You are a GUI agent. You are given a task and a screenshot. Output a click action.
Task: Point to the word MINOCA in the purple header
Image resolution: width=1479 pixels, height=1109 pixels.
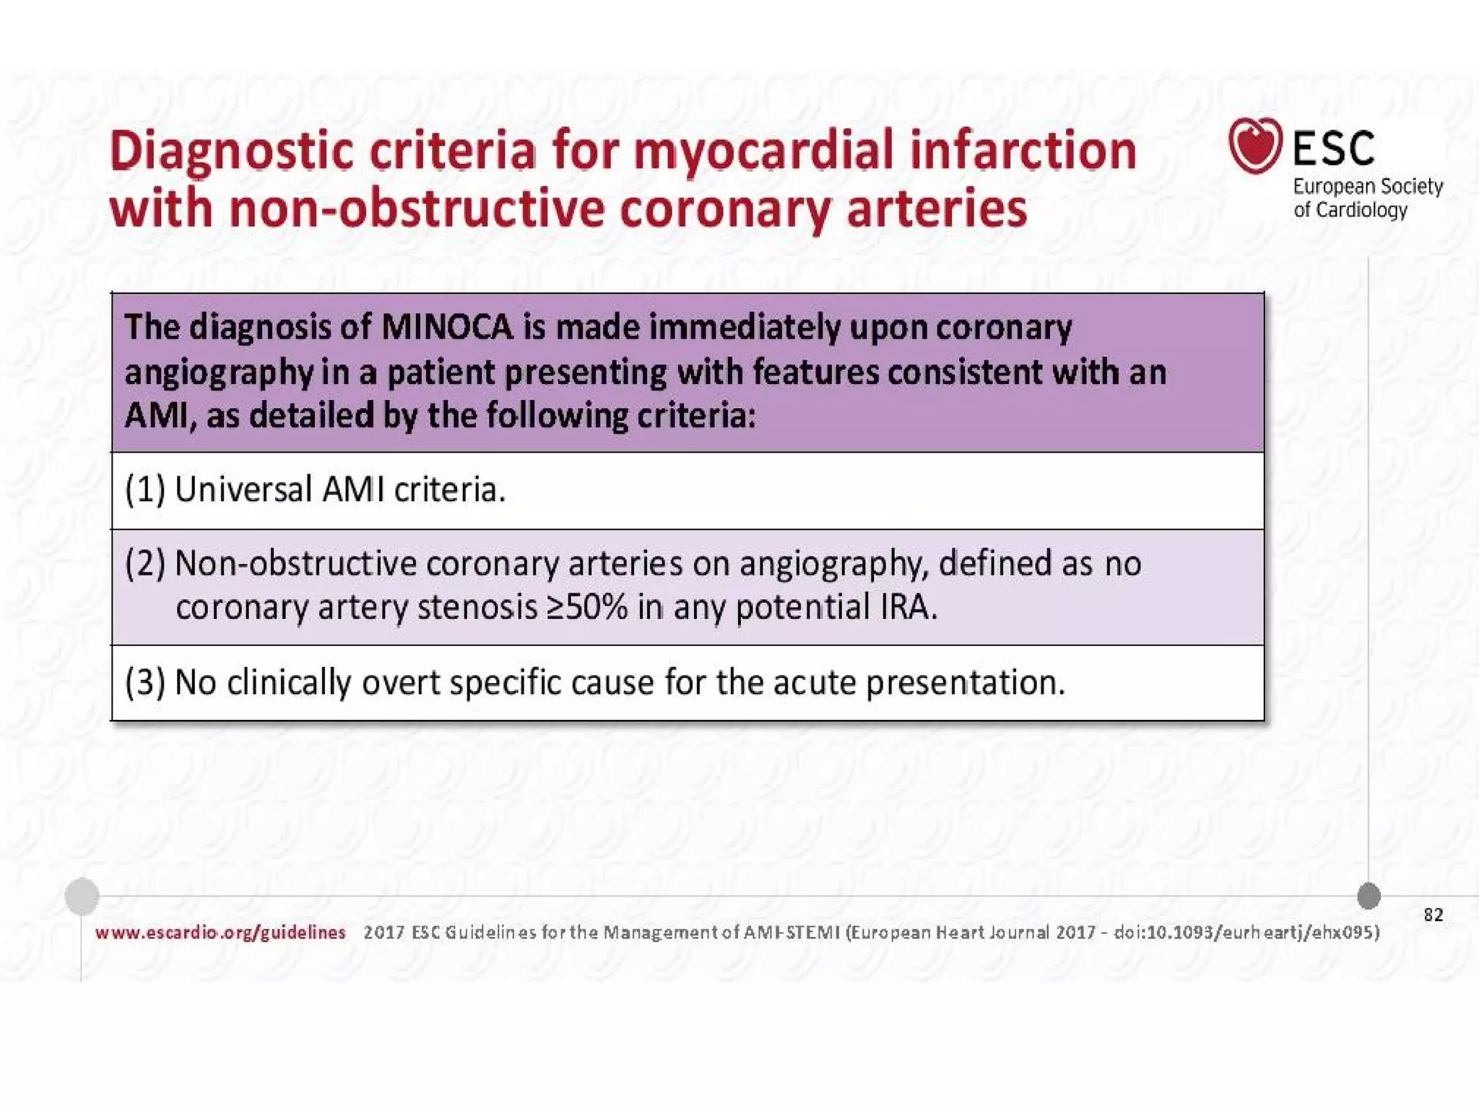(x=446, y=328)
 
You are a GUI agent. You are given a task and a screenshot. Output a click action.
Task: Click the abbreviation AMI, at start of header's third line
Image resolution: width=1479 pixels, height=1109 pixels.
(x=157, y=417)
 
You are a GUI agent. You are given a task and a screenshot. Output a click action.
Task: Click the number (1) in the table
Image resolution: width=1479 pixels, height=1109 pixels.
(x=144, y=490)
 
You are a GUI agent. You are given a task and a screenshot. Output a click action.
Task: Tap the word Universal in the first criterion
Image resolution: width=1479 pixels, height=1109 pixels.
(x=243, y=490)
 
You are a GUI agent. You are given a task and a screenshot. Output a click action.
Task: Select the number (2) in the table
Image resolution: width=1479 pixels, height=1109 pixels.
(x=144, y=564)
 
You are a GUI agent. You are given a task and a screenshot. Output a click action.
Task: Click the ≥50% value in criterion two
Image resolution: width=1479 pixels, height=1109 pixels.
(x=586, y=608)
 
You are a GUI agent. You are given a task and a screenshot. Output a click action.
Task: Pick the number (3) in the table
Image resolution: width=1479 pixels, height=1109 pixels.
(x=144, y=682)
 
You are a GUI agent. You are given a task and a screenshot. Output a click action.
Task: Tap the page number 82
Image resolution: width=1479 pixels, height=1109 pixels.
(x=1433, y=916)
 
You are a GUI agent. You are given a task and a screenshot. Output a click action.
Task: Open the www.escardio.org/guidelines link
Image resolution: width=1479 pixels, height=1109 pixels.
(x=220, y=933)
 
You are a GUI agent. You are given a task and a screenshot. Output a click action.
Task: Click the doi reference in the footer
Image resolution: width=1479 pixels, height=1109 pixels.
(x=1246, y=933)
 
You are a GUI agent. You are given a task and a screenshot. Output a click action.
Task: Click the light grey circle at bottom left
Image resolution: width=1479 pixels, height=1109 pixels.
(x=82, y=896)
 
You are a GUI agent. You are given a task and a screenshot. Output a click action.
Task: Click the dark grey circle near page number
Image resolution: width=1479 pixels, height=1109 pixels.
(x=1369, y=896)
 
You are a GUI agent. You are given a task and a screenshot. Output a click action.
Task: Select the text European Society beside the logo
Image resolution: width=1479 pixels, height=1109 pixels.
(x=1367, y=187)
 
